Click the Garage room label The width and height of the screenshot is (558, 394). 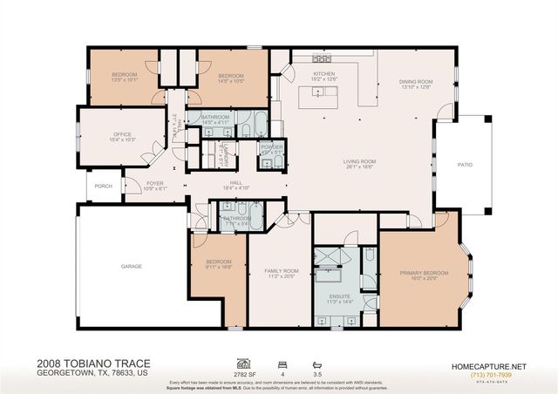[131, 266]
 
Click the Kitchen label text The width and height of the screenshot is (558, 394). [324, 75]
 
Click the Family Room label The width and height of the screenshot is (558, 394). [282, 271]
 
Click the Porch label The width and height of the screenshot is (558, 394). [104, 186]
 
